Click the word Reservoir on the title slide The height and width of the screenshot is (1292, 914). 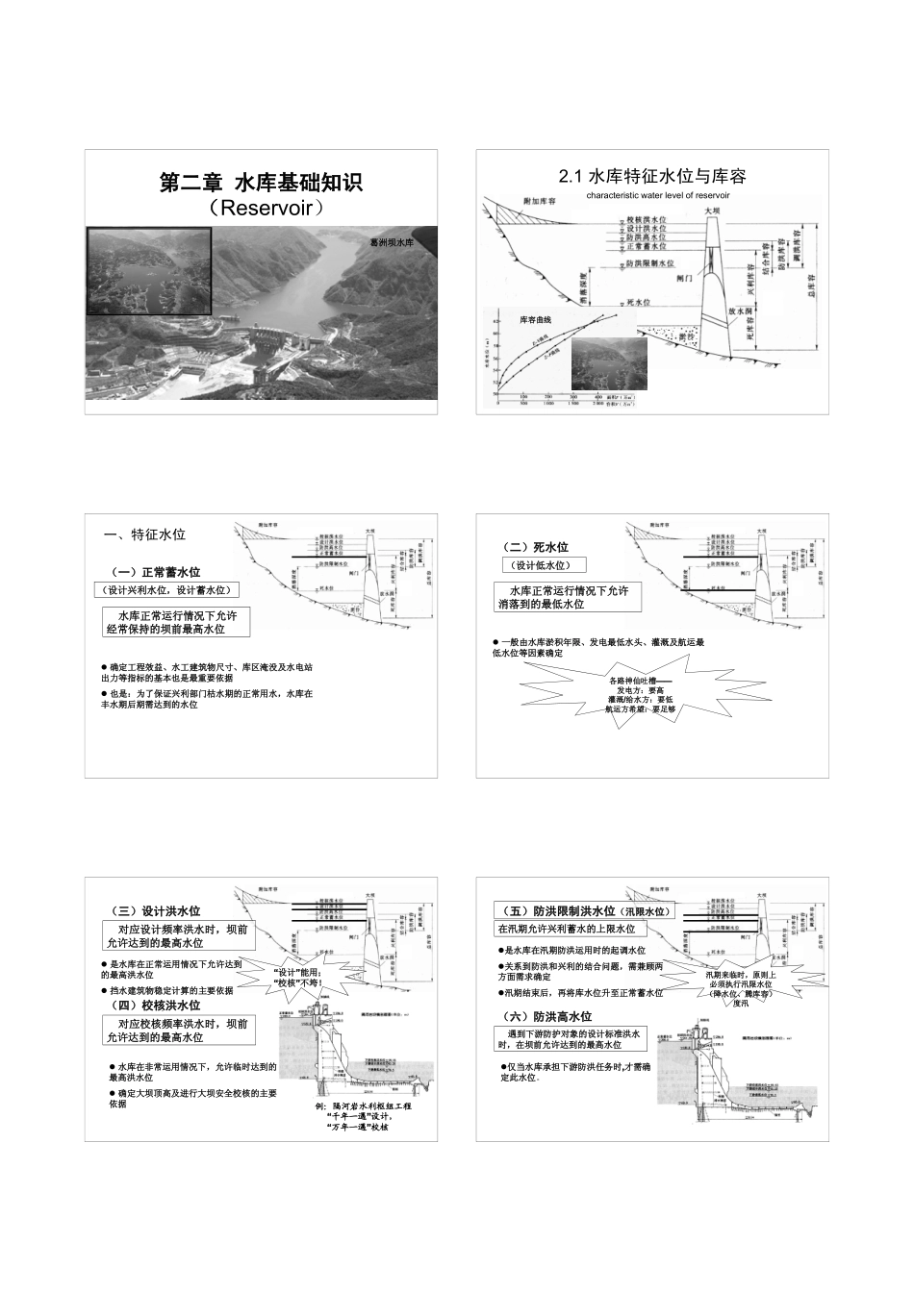262,207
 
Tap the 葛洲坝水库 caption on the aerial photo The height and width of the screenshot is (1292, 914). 392,242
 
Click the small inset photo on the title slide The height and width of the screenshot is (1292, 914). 149,272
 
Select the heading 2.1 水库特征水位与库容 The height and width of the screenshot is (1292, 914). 652,176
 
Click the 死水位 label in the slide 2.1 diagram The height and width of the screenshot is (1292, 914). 639,302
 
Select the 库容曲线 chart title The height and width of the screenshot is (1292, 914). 536,319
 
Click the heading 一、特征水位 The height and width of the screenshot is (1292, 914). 144,535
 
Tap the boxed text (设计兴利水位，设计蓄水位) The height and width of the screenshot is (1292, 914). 167,589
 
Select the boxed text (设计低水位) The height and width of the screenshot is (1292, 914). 543,566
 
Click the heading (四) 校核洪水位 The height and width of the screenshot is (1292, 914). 158,1005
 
